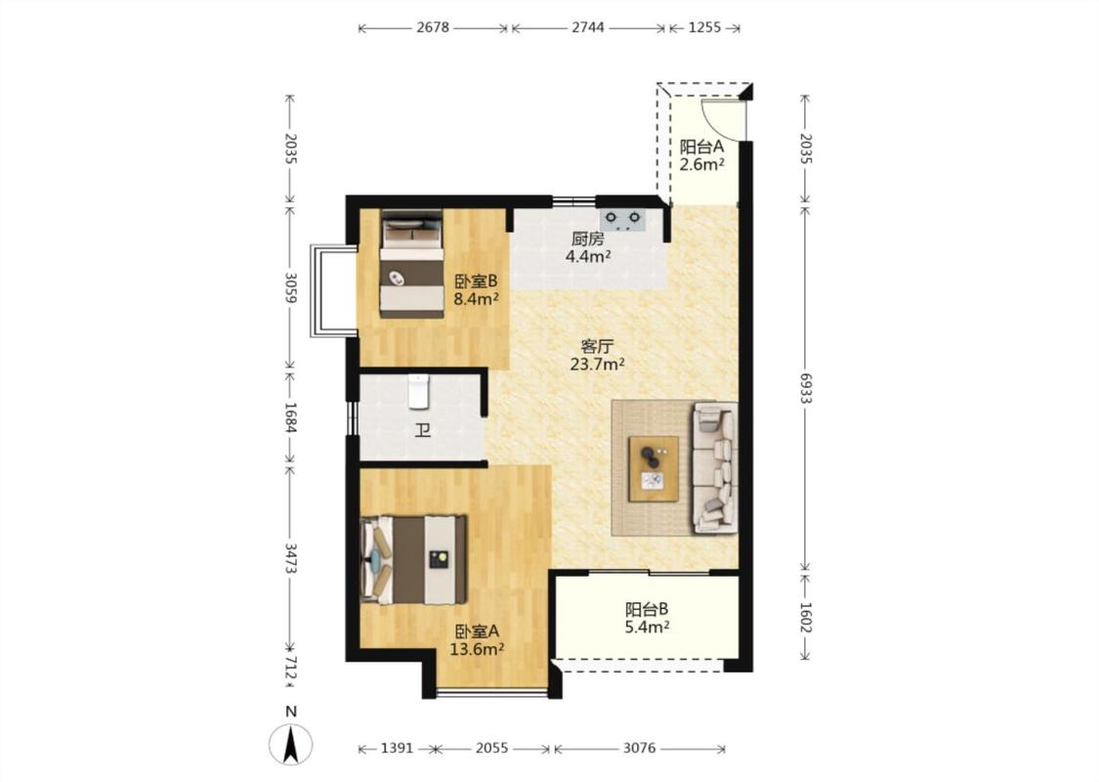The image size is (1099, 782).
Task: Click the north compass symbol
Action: (291, 744)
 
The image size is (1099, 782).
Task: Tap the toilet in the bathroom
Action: (418, 391)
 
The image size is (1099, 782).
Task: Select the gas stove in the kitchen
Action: (622, 220)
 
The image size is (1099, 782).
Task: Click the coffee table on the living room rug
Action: (654, 468)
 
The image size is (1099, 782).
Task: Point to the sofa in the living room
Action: (715, 468)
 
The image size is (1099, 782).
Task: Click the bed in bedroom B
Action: (412, 264)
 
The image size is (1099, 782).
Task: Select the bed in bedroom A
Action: (413, 560)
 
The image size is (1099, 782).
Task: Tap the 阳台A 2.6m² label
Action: (701, 155)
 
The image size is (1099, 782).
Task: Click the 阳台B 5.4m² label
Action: (647, 618)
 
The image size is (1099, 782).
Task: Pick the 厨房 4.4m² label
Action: (588, 247)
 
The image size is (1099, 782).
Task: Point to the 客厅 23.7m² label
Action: (597, 355)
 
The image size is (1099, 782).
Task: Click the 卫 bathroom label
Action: (422, 430)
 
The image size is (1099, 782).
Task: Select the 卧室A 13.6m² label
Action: (477, 639)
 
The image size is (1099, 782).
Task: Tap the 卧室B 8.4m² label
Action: (476, 289)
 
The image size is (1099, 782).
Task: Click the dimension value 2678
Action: (433, 27)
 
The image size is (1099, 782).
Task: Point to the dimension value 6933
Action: (805, 388)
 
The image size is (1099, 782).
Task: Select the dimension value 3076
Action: (639, 749)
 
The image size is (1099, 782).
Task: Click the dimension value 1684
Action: (289, 416)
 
